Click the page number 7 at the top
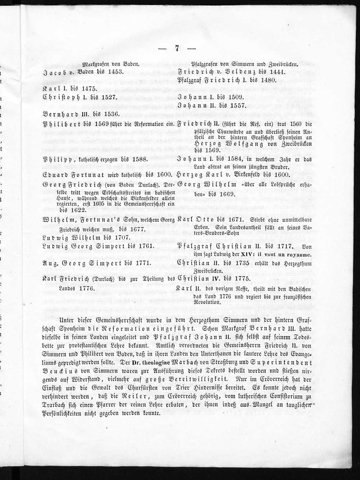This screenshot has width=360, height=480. point(177,49)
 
